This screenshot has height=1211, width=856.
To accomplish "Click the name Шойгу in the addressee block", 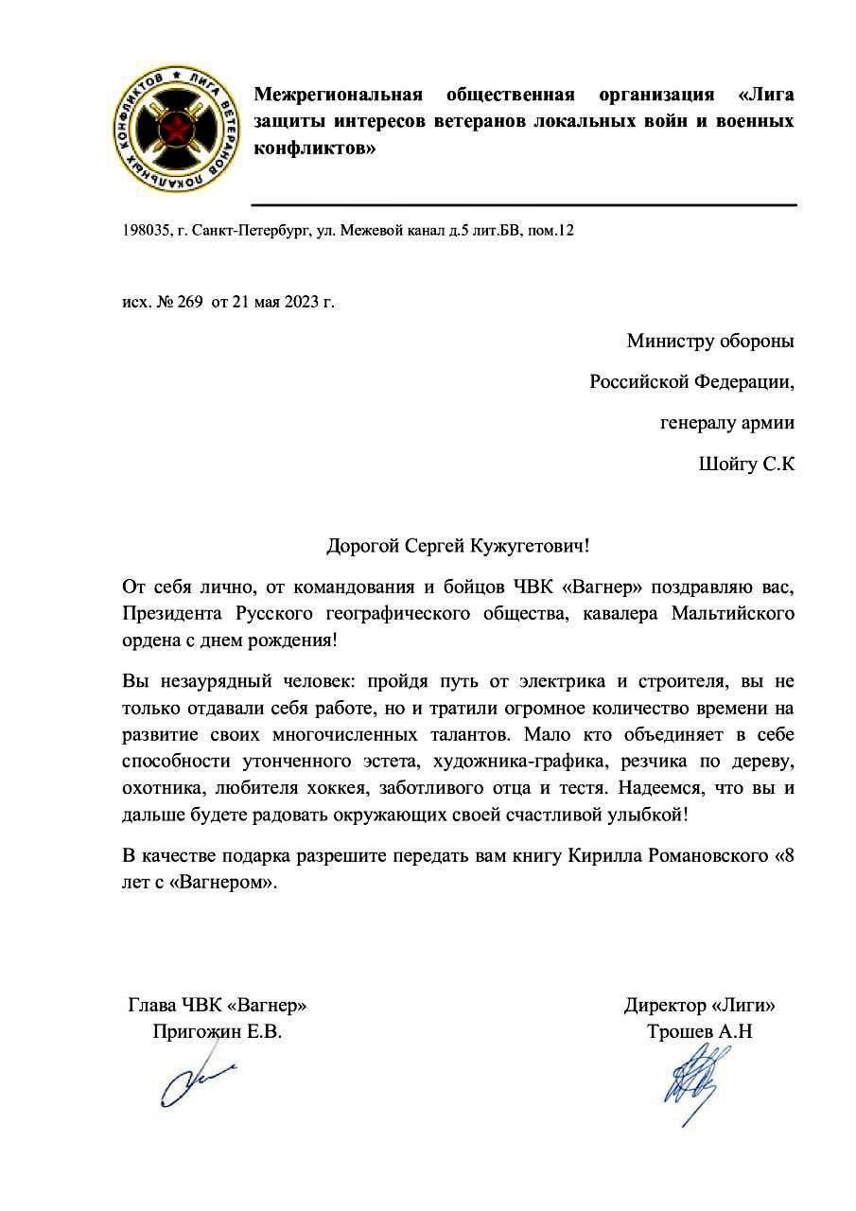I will pyautogui.click(x=727, y=465).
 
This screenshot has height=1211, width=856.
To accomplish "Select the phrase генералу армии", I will pyautogui.click(x=726, y=423).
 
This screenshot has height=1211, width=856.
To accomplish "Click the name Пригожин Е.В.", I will pyautogui.click(x=217, y=1031).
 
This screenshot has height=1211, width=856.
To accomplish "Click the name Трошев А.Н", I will pyautogui.click(x=699, y=1031).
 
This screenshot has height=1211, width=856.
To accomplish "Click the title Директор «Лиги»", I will pyautogui.click(x=699, y=1005).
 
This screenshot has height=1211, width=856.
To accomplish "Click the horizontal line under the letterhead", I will pyautogui.click(x=523, y=204).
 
